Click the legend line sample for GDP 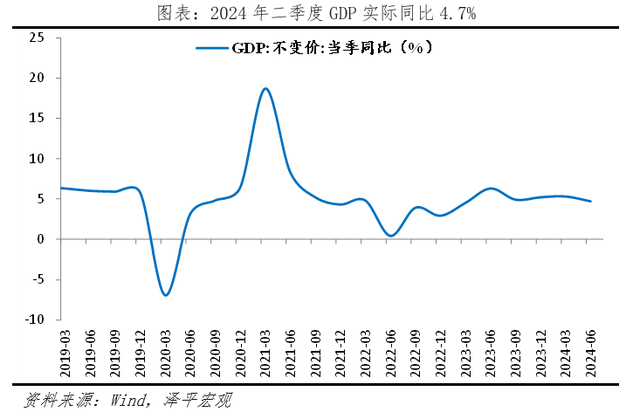pos(212,49)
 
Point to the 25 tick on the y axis pos(37,38)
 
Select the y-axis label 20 pos(37,78)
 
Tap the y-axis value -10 pos(35,319)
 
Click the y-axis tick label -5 pos(38,279)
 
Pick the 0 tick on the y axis pos(41,239)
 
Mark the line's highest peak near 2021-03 pos(265,88)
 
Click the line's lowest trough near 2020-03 pos(165,295)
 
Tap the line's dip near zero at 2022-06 pos(390,236)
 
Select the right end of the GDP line pos(591,202)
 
